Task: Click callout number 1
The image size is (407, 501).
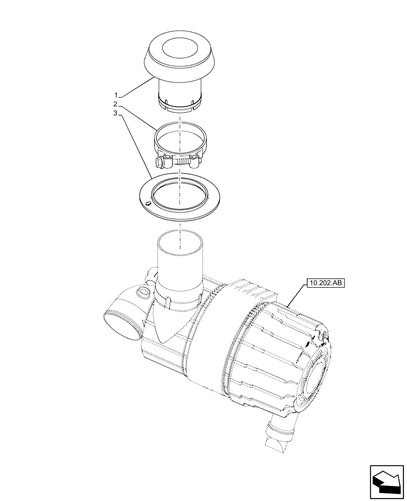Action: click(116, 95)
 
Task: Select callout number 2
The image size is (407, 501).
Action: click(116, 104)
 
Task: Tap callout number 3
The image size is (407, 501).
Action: click(116, 114)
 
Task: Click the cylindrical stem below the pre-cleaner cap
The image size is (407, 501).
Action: click(179, 93)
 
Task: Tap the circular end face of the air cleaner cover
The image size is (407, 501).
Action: click(315, 381)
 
